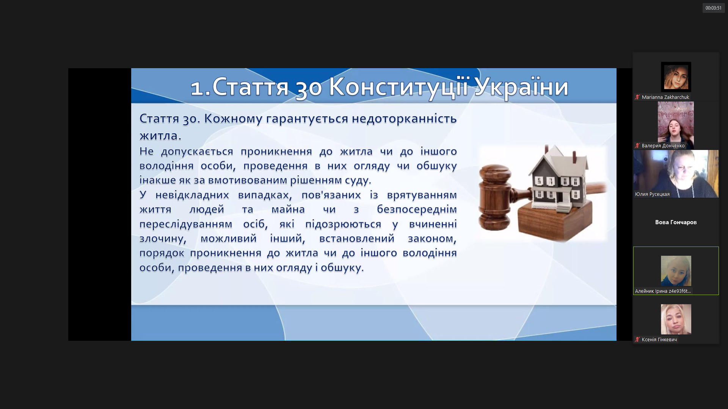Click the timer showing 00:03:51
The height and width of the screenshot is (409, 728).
[713, 8]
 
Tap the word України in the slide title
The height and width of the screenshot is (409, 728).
[521, 87]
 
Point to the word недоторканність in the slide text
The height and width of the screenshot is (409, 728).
[404, 119]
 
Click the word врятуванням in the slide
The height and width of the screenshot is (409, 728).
[422, 195]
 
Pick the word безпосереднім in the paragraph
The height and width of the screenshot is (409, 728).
[417, 209]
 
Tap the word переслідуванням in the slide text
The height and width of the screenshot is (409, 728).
[186, 224]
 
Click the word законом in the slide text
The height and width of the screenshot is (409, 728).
[432, 239]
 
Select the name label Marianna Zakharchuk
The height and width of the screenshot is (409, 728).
[665, 97]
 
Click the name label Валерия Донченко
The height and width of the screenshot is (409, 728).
[663, 146]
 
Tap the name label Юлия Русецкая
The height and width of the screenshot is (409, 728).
[652, 194]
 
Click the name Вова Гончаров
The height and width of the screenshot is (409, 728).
[676, 222]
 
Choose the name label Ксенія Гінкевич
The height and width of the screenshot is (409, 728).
[659, 340]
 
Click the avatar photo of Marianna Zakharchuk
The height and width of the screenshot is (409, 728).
[676, 77]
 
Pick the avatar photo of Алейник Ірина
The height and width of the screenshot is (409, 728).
[676, 271]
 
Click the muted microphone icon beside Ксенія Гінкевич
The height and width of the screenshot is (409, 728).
[637, 340]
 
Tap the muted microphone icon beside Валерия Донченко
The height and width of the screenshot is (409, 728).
[637, 146]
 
